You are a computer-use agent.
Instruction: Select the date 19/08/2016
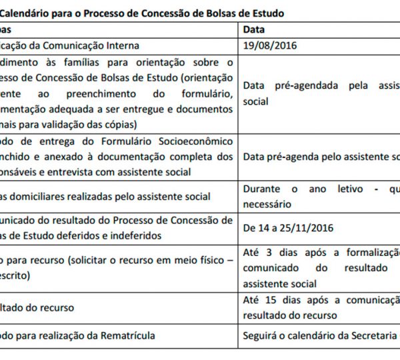(x=270, y=45)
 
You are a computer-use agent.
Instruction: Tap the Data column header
(x=254, y=29)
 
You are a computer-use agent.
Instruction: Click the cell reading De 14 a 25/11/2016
(x=287, y=228)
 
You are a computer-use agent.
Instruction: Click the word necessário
(x=267, y=204)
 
